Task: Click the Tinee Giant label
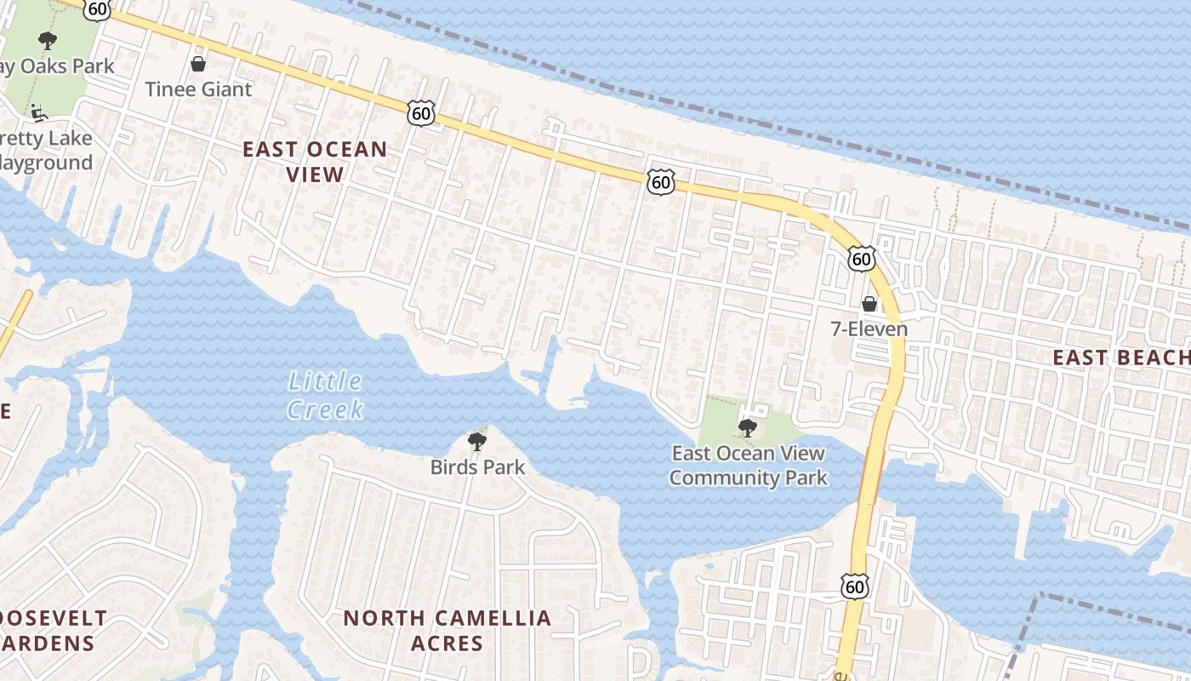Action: coord(198,89)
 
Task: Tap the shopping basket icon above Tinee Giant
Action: coord(198,64)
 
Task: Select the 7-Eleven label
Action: coord(869,329)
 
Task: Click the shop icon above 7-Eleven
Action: coord(869,304)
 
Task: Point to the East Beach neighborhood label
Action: coord(1120,358)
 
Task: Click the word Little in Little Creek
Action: coord(325,381)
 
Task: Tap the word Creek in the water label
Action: coord(325,409)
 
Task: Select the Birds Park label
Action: coord(477,467)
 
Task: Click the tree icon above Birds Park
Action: coord(477,441)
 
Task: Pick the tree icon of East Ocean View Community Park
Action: coord(748,428)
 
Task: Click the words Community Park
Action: coord(748,478)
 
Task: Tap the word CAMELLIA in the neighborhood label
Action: coord(482,618)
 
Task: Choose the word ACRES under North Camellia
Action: coord(447,643)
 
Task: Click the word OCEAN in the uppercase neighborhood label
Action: coord(346,150)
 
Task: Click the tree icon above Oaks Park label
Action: coord(48,40)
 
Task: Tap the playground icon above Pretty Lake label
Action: coord(38,112)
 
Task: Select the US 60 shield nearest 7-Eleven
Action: coord(861,259)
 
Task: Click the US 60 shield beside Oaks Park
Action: coord(97,9)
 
